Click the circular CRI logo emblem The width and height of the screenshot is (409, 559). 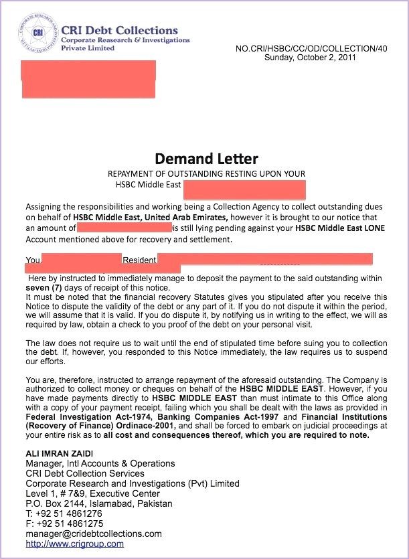(38, 34)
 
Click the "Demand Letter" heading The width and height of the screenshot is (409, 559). (206, 159)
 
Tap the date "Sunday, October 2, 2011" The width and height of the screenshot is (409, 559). (310, 58)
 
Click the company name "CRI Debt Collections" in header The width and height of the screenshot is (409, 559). (119, 30)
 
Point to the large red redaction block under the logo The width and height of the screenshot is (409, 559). (88, 80)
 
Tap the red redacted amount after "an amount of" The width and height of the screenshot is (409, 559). (125, 228)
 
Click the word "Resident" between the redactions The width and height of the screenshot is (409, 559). (139, 260)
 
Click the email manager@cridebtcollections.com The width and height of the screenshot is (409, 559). (94, 534)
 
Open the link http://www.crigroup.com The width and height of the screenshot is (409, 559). (74, 544)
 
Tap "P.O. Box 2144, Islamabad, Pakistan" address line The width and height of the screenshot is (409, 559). (99, 503)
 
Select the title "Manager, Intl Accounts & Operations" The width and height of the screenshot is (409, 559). (100, 463)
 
